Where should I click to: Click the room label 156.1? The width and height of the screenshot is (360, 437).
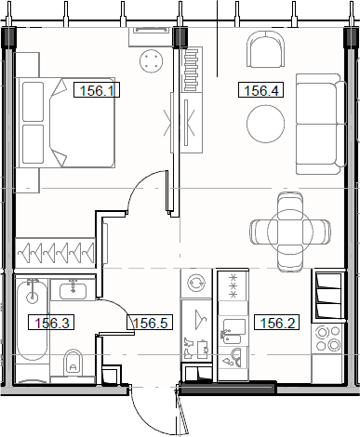pos(98,91)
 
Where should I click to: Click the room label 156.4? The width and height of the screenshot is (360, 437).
pos(260,91)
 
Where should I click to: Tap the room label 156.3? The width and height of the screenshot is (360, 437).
pos(50,324)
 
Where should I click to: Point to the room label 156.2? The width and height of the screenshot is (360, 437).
pos(276,324)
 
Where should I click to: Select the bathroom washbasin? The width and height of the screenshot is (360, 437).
pos(73,291)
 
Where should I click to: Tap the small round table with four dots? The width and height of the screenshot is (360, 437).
pos(153,60)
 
